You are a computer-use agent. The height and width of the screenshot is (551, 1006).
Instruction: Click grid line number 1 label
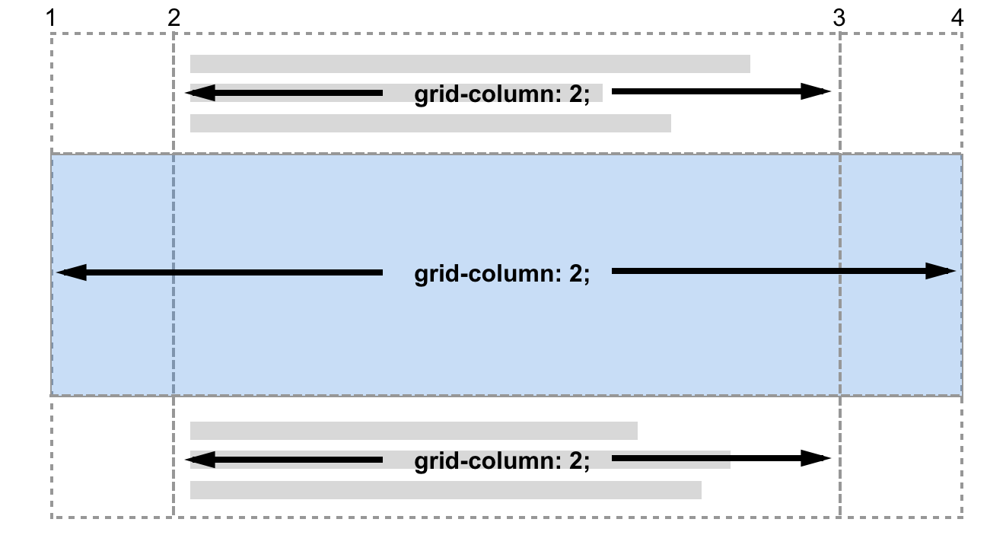tap(51, 18)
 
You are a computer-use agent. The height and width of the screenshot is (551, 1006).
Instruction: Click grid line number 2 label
tap(174, 18)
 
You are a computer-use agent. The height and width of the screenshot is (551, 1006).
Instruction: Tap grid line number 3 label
tap(839, 18)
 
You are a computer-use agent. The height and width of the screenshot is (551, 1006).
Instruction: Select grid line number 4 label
tap(957, 18)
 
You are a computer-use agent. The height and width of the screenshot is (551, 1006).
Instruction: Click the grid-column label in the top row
tap(501, 95)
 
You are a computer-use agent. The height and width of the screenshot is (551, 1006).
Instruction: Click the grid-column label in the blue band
tap(501, 274)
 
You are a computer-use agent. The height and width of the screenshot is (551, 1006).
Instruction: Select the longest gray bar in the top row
tap(470, 64)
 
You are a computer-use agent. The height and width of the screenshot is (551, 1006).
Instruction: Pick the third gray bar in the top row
tap(430, 123)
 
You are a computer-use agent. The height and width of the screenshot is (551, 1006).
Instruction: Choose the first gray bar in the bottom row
tap(413, 431)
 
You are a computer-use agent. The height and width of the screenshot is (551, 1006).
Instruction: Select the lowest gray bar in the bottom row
tap(445, 490)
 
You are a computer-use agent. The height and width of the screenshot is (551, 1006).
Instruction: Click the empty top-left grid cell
tap(113, 93)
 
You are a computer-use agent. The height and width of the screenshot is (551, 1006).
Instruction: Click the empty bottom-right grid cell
tap(901, 457)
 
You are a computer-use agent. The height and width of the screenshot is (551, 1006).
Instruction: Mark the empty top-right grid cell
tap(901, 93)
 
